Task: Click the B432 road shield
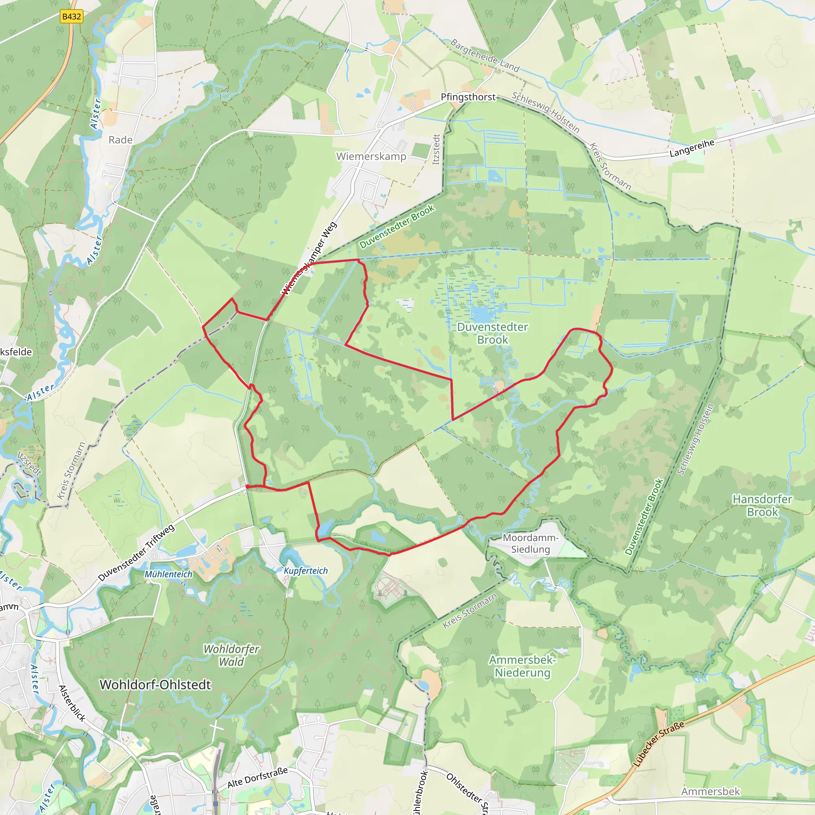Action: [71, 16]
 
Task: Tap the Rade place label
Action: [120, 140]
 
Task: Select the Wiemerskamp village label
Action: [371, 156]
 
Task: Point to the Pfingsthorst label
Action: [468, 97]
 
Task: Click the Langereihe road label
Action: [692, 148]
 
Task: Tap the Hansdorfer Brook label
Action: [762, 505]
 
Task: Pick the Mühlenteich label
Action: [168, 574]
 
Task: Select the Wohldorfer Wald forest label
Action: [231, 655]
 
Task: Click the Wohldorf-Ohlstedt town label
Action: [155, 684]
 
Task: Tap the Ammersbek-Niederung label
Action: [522, 666]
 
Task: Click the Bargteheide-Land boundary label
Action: [485, 55]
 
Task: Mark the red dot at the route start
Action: [247, 486]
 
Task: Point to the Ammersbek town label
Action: [710, 792]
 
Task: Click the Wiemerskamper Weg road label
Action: [309, 258]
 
